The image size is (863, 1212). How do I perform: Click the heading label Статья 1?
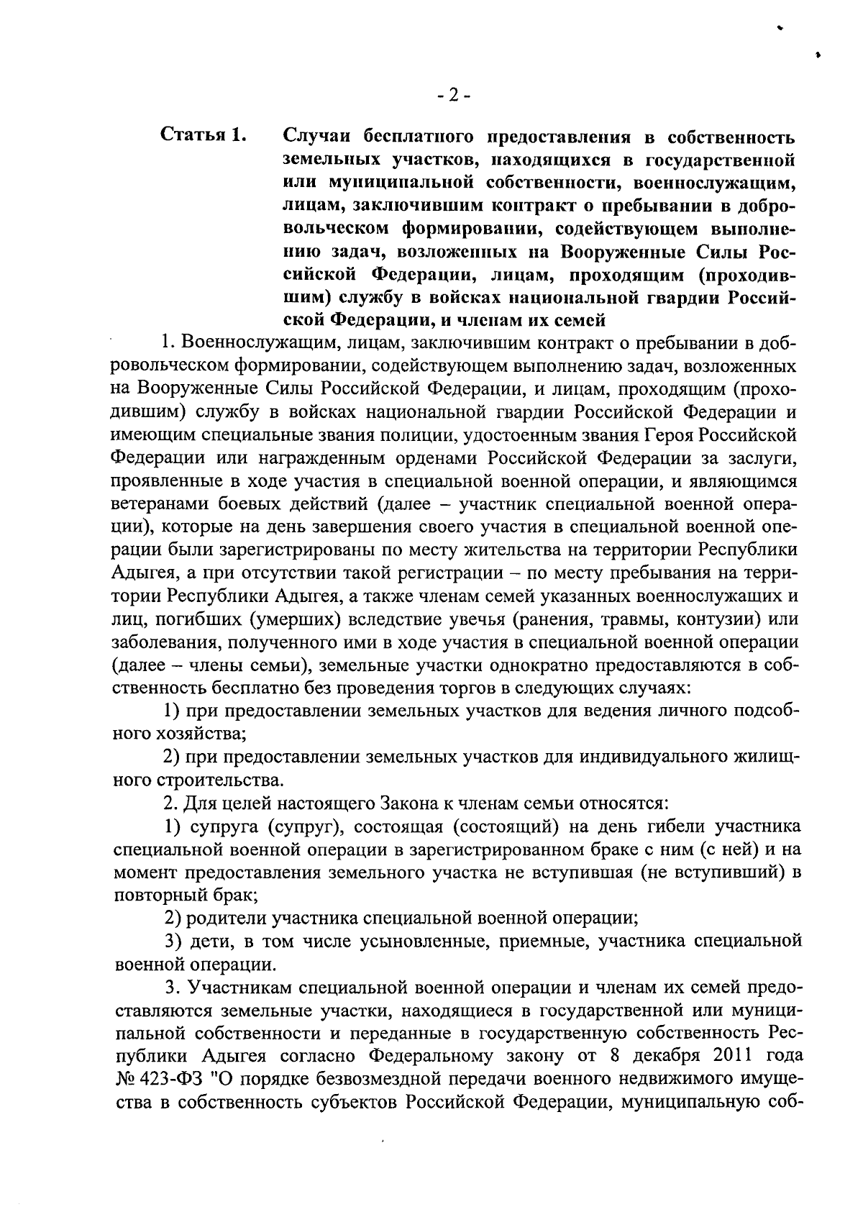tap(204, 135)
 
